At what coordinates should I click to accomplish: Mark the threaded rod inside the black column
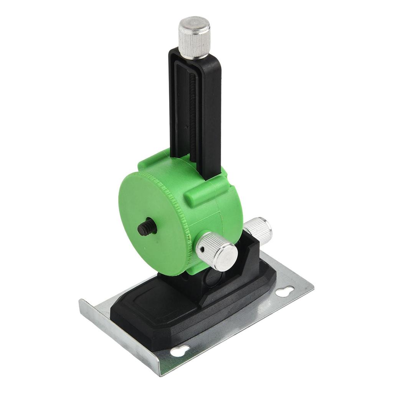pyautogui.click(x=193, y=115)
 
